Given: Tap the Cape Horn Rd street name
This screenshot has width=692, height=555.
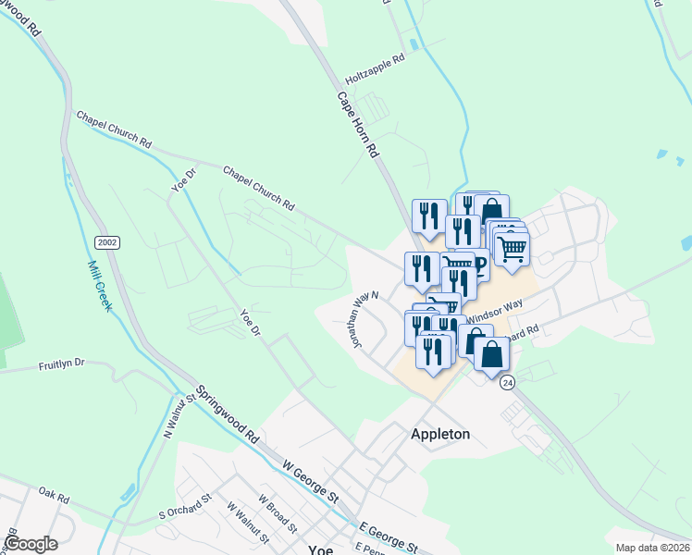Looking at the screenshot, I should point(358,123).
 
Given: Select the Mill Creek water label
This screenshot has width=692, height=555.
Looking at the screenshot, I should point(99,284).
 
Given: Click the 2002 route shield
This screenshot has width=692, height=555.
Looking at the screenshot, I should point(106,241).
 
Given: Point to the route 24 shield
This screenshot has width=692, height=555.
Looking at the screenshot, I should point(507,382).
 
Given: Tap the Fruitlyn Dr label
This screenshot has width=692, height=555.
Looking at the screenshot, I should point(62,364).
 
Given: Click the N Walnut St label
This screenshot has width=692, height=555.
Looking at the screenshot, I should point(169,417).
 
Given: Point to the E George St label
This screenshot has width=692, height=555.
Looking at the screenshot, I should point(389,536).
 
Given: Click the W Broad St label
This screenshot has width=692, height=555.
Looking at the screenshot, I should point(277,516).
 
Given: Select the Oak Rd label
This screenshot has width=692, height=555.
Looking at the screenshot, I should point(54,496).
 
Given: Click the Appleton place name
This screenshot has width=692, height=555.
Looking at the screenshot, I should point(440,434).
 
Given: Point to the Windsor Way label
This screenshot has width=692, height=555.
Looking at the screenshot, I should point(495,309).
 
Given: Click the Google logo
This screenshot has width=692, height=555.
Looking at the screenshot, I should point(31,544).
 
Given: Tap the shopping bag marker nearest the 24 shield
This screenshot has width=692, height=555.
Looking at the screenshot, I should point(491,354).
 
